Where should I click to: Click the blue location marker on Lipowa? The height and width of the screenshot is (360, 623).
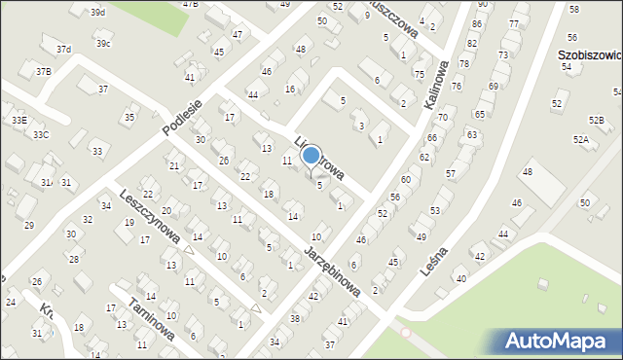pos(311,155)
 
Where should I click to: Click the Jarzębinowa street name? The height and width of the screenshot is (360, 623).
pos(333,271)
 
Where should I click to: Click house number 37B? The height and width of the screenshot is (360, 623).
pos(44,71)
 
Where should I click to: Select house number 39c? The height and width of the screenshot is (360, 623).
pos(102,44)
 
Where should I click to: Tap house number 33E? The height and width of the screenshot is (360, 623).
pos(18,119)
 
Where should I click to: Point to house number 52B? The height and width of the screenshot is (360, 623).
pos(596,120)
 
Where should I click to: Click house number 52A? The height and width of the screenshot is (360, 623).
pos(581,140)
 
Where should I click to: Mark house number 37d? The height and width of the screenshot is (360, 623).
pos(63,49)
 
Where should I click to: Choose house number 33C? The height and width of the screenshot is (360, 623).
pos(40,134)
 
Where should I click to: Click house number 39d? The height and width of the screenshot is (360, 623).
pos(97,12)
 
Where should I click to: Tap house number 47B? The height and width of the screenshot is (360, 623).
pos(190,4)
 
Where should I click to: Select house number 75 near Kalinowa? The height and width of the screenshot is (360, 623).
pos(419,74)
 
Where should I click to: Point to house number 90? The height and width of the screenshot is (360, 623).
pos(480,5)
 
